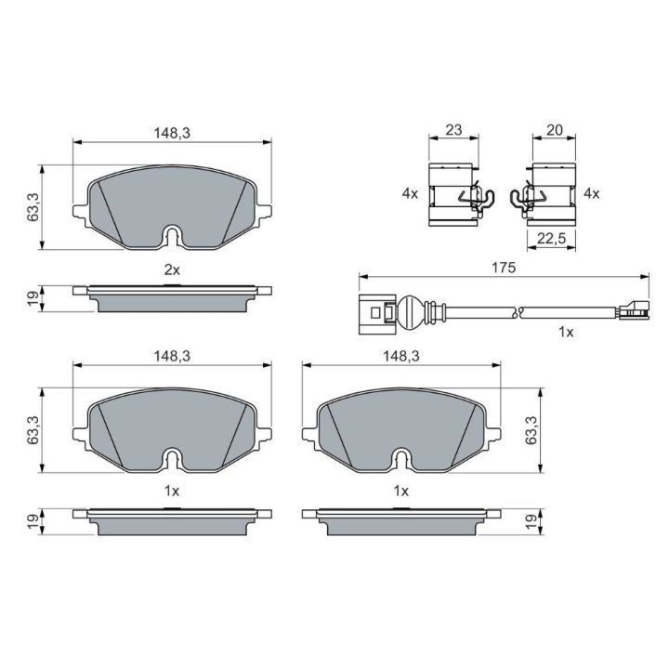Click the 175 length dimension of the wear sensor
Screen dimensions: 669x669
[504, 268]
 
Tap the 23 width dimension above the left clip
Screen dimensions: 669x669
[453, 130]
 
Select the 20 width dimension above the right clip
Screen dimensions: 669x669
[554, 130]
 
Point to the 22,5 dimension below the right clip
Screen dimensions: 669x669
[551, 238]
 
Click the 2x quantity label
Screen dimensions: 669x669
[173, 269]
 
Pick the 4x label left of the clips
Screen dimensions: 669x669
[410, 193]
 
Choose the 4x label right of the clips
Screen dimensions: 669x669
[591, 193]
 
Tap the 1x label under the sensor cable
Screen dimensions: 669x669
[566, 332]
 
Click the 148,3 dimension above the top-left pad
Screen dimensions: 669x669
[172, 133]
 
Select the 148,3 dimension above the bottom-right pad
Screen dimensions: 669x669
[401, 355]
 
